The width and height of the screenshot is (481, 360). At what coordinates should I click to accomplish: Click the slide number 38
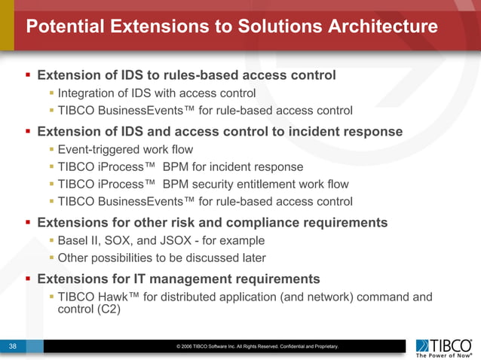(x=13, y=346)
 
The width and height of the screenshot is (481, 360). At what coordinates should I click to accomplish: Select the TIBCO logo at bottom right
(x=445, y=345)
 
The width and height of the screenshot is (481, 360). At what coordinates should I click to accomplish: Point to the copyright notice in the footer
(x=257, y=346)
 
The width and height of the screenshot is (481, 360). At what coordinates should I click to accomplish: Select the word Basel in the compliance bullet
(x=74, y=240)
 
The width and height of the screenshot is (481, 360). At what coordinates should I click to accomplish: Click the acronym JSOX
(x=182, y=240)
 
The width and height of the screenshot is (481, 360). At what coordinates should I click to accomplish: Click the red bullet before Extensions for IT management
(x=28, y=278)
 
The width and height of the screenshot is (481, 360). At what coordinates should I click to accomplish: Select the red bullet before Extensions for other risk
(x=28, y=222)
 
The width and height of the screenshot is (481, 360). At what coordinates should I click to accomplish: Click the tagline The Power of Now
(x=443, y=355)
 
